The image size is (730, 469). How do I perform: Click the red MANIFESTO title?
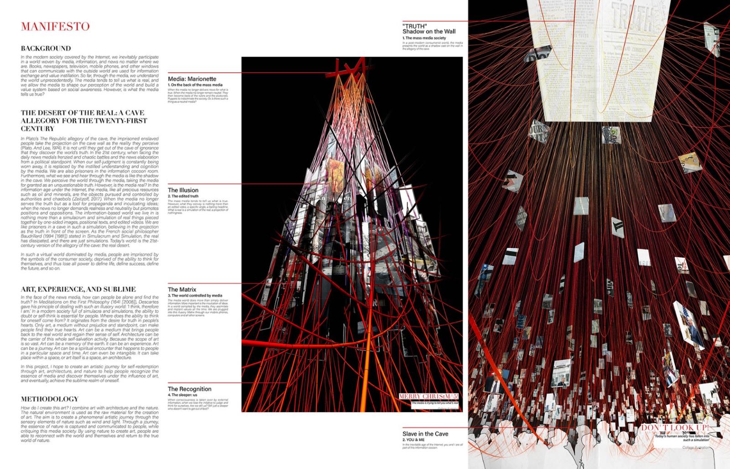click(x=55, y=26)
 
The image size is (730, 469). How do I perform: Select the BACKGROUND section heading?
click(x=46, y=48)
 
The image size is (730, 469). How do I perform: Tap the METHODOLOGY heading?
click(x=50, y=399)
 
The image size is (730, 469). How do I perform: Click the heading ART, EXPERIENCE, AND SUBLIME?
click(x=78, y=289)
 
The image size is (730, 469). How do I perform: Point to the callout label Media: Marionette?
click(x=192, y=79)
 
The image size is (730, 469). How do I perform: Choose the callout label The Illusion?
click(x=183, y=190)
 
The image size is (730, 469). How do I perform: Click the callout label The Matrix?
click(x=182, y=289)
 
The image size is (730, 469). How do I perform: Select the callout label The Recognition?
click(x=189, y=389)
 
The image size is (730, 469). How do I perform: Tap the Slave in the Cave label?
click(x=425, y=434)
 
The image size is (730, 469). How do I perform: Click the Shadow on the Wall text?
click(x=429, y=31)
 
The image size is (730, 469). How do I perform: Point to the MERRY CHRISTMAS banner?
click(x=428, y=397)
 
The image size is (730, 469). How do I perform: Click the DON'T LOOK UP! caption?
click(x=675, y=428)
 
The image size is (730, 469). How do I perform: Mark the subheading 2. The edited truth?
click(x=183, y=196)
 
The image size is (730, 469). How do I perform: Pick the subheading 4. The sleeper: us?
click(x=182, y=395)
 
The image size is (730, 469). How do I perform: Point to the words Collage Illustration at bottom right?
click(x=696, y=448)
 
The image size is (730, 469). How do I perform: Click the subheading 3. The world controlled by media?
click(x=195, y=295)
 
